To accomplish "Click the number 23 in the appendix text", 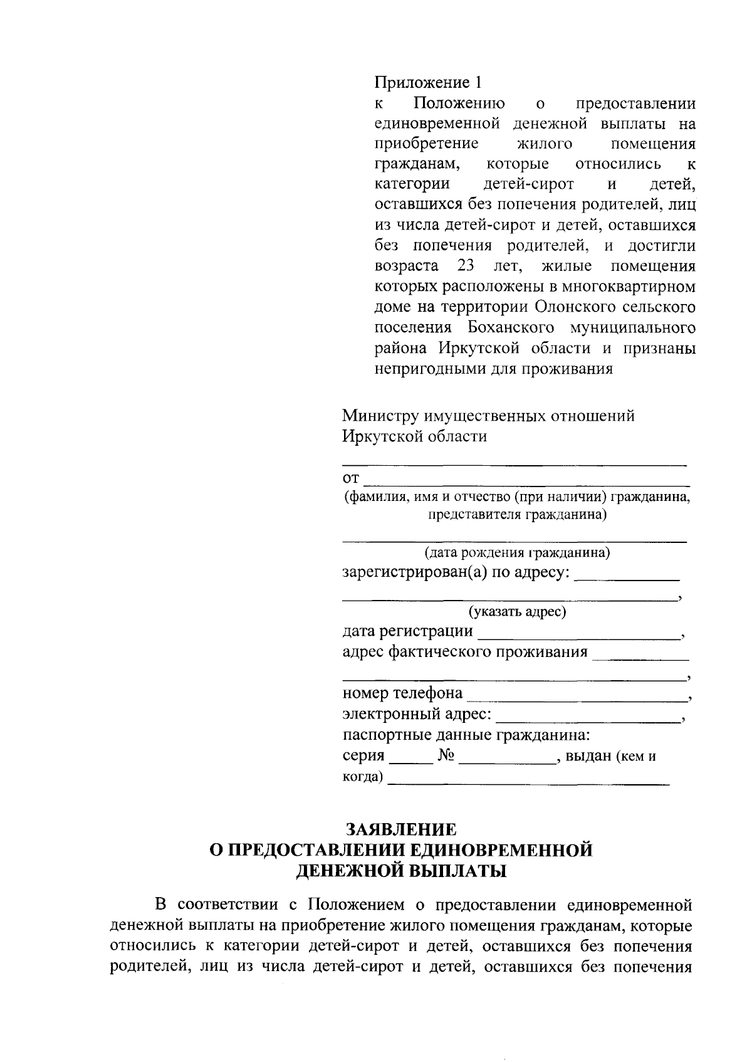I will pyautogui.click(x=466, y=266).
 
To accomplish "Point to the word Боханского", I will pyautogui.click(x=511, y=327).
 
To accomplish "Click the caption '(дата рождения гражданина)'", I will pyautogui.click(x=517, y=553).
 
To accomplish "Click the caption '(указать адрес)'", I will pyautogui.click(x=517, y=612).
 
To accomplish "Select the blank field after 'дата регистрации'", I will pyautogui.click(x=580, y=634).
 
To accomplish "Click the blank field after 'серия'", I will pyautogui.click(x=411, y=759).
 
